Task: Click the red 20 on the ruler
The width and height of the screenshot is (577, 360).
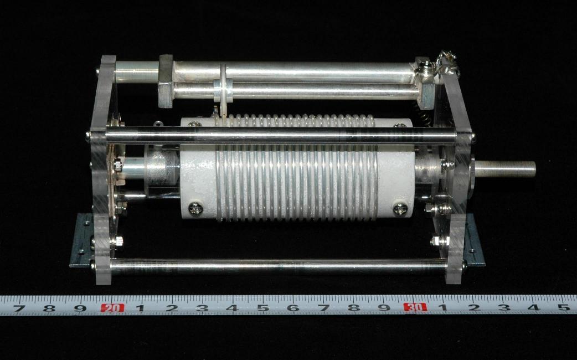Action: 112,308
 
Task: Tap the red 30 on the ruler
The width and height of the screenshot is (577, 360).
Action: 415,307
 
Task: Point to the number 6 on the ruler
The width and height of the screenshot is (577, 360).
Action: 293,308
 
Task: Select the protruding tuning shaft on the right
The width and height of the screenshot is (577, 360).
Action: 505,169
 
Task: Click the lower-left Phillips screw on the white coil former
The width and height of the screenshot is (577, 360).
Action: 195,209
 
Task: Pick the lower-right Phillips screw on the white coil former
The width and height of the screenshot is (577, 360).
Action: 400,209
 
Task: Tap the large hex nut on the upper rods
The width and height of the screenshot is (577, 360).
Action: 166,81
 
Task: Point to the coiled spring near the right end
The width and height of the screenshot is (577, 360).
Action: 422,112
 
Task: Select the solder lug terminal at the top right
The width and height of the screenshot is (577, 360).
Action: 447,63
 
